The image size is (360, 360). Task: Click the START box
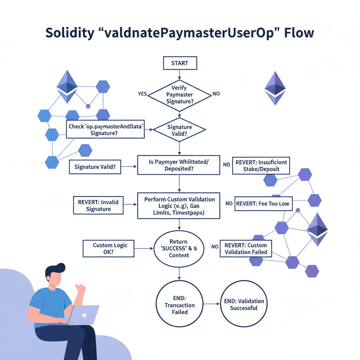point(180,63)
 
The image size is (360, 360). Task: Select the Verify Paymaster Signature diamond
point(180,94)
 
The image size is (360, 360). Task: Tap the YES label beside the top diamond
point(142,94)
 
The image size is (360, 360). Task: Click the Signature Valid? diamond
point(180,130)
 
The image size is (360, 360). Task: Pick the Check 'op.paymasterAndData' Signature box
point(105,129)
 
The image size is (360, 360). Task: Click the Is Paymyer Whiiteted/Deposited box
point(179,165)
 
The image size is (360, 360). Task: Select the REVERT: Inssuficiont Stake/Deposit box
point(261,165)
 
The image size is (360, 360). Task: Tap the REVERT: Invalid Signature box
point(98,205)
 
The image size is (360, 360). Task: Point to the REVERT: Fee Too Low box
point(263,204)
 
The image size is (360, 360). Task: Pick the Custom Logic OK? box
point(108,249)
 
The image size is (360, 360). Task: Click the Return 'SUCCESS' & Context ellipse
point(179,249)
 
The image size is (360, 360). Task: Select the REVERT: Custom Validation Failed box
point(246,249)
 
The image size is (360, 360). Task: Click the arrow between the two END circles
point(211,304)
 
